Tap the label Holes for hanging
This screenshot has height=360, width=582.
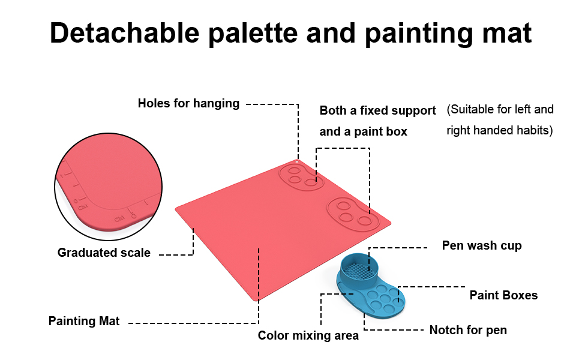188,104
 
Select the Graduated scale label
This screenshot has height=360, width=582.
104,253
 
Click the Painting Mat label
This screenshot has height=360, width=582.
84,321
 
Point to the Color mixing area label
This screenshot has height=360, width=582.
308,335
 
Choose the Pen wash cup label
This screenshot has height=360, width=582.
482,245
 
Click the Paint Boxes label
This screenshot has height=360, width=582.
503,295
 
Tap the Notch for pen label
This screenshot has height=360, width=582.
468,331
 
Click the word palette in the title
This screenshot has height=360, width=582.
253,34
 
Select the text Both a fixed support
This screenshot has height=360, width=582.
377,110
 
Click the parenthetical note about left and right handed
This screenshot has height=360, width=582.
500,120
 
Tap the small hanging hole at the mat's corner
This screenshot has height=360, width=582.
297,161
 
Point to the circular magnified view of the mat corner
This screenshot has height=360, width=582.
109,187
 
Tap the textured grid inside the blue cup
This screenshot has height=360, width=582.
358,271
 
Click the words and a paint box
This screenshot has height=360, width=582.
364,132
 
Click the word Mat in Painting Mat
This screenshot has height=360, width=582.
109,321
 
